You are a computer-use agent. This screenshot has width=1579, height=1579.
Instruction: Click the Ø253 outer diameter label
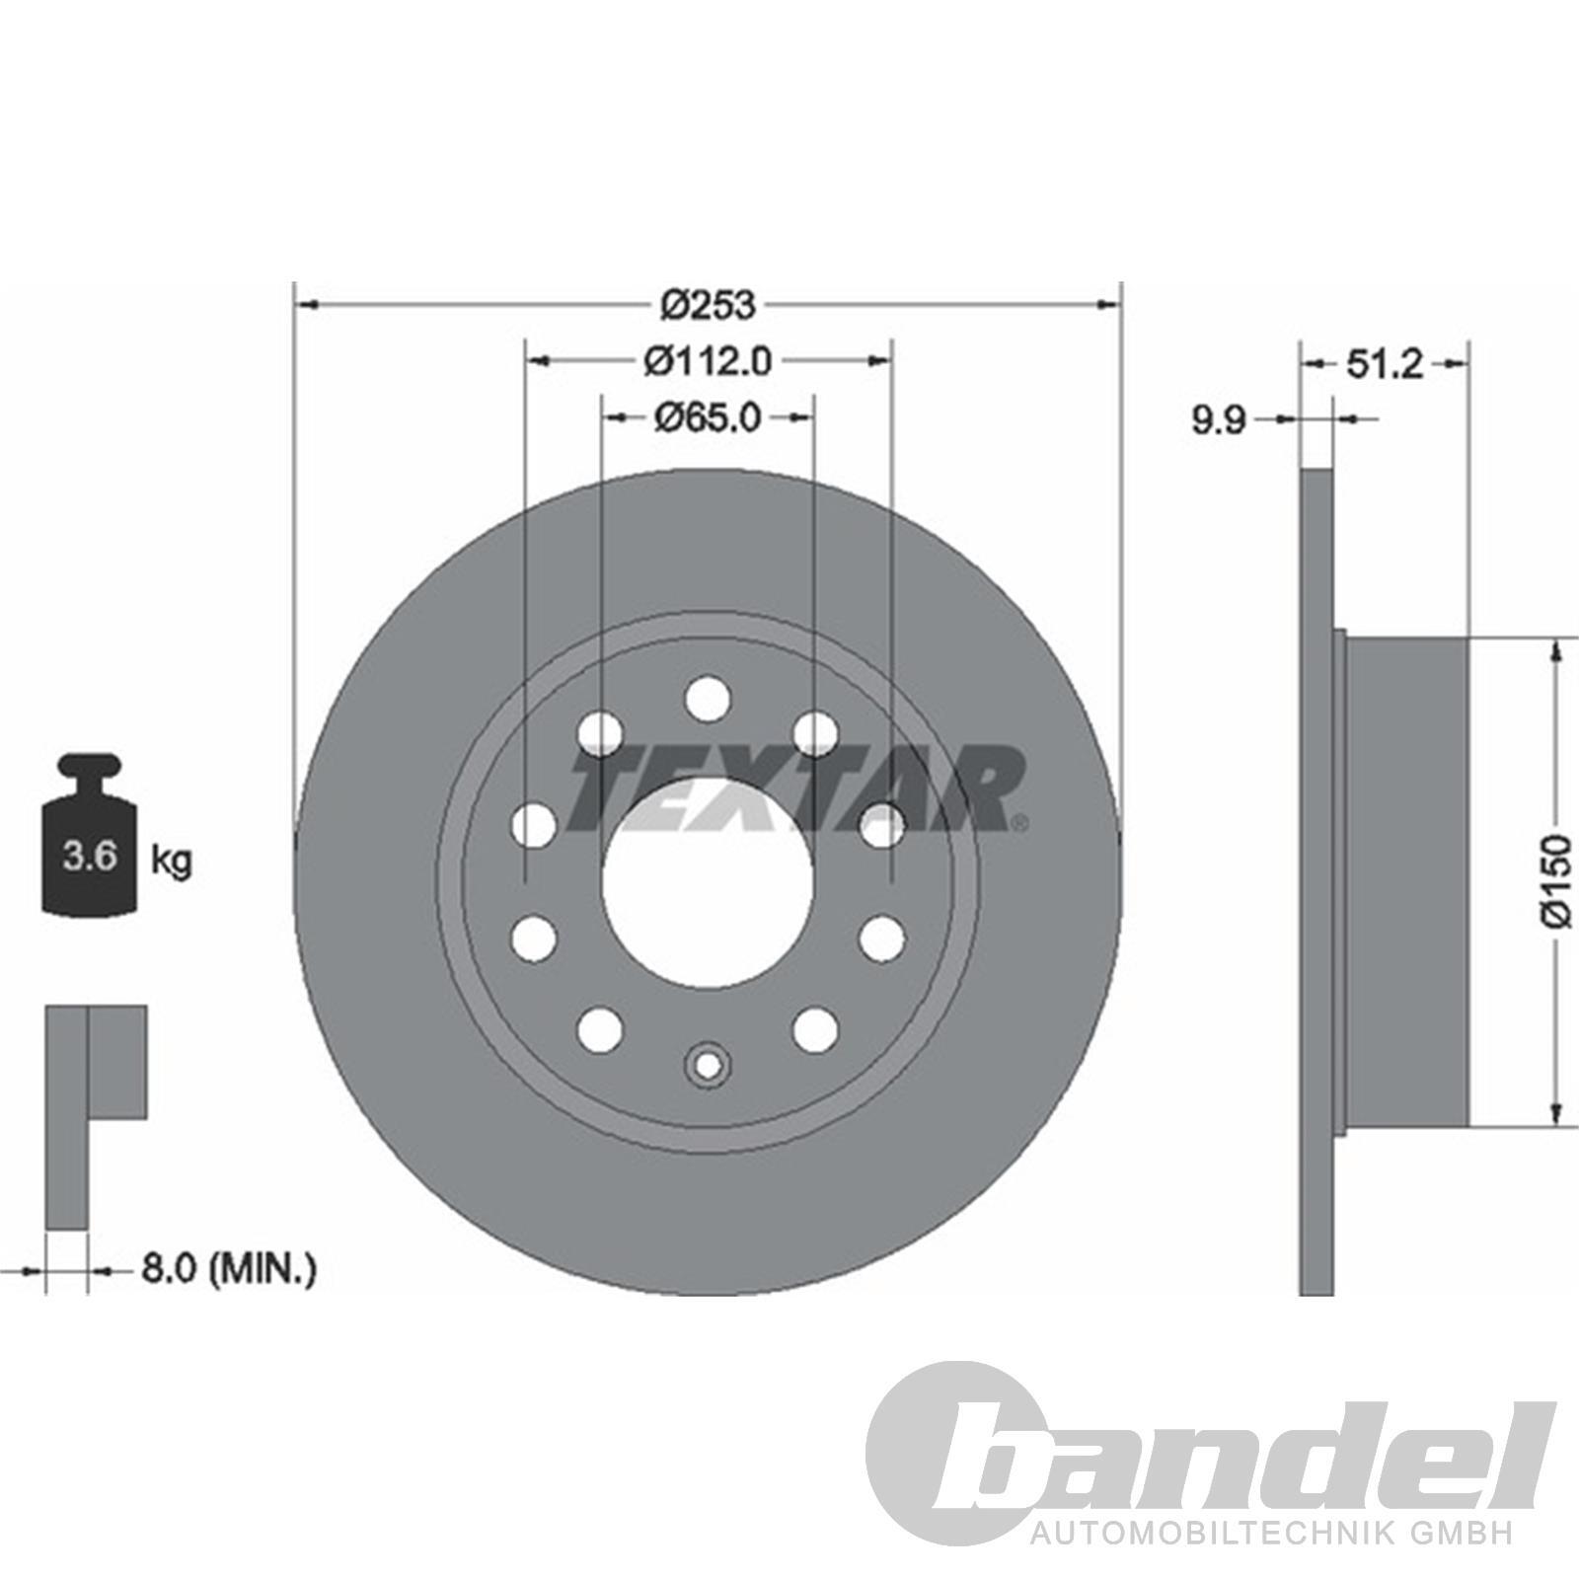tap(708, 305)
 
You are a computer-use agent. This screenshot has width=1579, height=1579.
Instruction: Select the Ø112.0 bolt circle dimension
tap(708, 361)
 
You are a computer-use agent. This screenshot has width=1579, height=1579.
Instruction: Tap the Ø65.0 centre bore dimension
tap(708, 417)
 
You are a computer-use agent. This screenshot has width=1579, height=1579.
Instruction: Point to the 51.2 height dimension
tap(1385, 365)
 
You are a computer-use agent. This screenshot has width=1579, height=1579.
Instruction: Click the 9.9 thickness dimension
tap(1220, 421)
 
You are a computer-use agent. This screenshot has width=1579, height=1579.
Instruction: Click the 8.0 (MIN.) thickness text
tap(229, 1268)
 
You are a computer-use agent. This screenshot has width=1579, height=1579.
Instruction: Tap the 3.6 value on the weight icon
tap(90, 856)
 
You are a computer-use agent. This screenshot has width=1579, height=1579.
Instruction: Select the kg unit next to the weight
tap(172, 861)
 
